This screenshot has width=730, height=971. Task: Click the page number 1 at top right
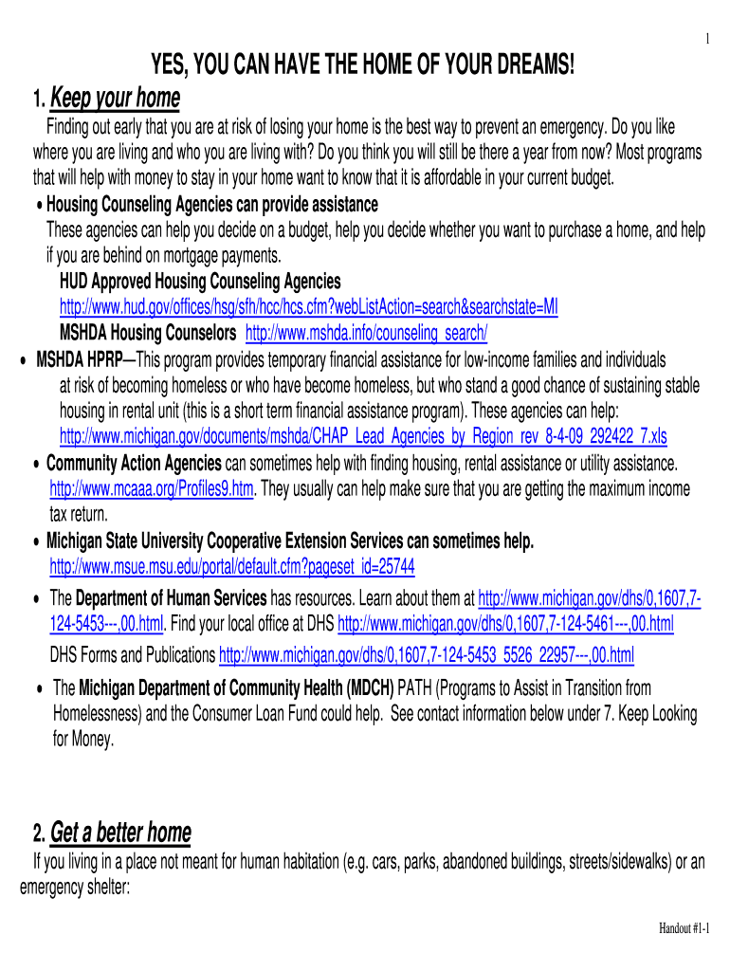(706, 39)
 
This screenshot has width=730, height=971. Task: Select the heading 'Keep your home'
(115, 98)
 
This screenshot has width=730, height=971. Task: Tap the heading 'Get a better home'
(120, 833)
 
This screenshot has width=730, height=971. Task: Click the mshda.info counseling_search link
(367, 333)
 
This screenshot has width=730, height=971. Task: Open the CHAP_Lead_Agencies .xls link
(363, 436)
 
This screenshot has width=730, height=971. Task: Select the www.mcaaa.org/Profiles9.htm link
(152, 488)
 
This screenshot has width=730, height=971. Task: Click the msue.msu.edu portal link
(231, 566)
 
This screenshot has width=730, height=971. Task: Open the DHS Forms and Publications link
(427, 654)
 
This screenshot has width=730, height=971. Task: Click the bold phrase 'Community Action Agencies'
(134, 463)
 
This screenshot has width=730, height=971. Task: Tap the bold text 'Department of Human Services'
(172, 598)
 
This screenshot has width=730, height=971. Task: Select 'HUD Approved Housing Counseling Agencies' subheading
(200, 282)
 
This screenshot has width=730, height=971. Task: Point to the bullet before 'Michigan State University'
(36, 542)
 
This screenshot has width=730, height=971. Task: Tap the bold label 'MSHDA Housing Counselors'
(148, 333)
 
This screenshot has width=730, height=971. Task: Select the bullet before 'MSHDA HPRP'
(22, 361)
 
